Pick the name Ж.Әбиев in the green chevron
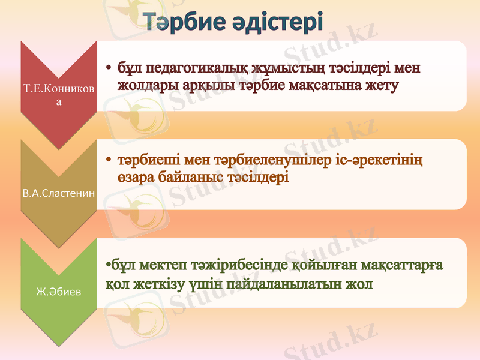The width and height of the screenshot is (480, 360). tap(58, 293)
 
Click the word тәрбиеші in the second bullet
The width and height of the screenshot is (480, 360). tap(148, 161)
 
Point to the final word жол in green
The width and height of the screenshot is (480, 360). tap(358, 283)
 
